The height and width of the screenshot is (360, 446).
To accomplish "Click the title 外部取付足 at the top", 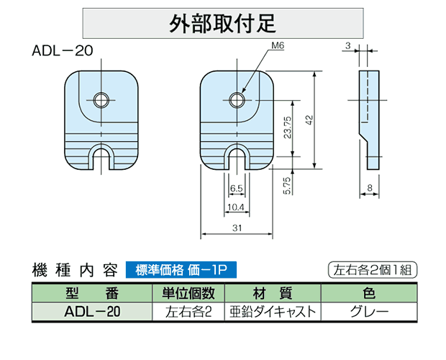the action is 222,23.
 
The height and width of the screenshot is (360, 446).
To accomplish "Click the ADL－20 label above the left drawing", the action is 63,51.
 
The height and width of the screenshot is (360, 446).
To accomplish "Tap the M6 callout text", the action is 278,45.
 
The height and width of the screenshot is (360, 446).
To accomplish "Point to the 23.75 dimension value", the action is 288,127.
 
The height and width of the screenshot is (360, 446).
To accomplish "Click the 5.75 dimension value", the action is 287,186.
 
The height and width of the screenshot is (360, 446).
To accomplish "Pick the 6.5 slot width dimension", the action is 237,189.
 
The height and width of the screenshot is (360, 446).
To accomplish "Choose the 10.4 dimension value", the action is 236,207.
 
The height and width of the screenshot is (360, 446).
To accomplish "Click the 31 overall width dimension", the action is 237,228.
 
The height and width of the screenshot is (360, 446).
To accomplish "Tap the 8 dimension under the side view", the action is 370,188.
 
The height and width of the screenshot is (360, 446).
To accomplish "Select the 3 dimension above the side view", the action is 348,45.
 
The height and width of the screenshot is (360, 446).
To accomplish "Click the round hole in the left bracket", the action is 101,100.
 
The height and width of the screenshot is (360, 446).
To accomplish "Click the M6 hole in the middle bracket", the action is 237,100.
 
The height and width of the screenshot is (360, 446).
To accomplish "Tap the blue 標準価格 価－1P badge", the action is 181,270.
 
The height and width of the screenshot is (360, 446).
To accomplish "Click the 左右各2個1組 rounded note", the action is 373,270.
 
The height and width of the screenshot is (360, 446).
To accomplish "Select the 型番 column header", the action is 92,293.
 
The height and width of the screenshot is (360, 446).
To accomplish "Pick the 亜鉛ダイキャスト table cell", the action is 273,312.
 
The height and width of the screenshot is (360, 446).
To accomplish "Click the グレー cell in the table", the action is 369,312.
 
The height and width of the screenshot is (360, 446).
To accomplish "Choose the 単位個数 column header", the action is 188,293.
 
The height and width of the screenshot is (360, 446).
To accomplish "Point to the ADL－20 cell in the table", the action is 92,312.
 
